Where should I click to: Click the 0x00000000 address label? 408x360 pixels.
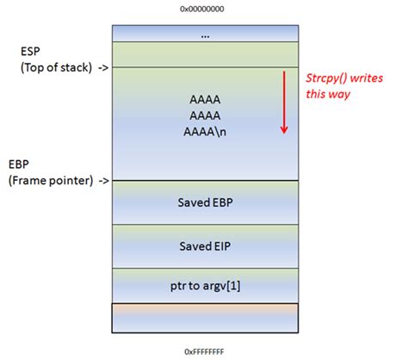202,9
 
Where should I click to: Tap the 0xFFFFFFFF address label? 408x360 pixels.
204,351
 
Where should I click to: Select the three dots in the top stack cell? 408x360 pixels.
205,36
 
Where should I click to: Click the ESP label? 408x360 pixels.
30,52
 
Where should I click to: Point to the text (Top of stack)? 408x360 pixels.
56,67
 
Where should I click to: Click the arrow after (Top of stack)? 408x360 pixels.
103,68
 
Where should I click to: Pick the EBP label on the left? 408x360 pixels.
19,164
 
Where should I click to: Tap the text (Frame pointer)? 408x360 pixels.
51,181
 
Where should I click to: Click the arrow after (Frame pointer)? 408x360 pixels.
104,181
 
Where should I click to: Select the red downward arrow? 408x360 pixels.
284,102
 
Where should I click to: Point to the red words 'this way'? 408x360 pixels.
328,94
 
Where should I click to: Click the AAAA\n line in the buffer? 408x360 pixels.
205,132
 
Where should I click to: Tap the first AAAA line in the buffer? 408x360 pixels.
205,100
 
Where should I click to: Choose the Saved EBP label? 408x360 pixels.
205,202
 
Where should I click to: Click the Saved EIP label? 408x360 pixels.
205,246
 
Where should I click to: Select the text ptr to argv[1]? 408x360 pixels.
205,286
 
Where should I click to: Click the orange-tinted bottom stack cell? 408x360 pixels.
205,318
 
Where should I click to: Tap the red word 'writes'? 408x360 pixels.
367,78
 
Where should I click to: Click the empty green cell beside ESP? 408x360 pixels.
205,54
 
